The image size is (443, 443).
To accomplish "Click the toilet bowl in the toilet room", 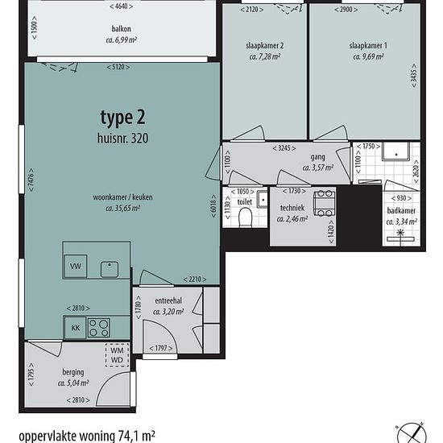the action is [x=245, y=217].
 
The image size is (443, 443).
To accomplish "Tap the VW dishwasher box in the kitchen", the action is [x=76, y=266].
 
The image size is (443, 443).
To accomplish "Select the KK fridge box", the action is [x=75, y=328].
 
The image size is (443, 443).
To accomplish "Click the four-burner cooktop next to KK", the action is [x=98, y=328].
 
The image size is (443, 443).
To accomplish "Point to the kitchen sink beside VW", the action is [x=110, y=270].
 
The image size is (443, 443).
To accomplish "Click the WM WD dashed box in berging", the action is [x=117, y=355].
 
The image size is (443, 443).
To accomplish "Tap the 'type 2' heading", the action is [x=122, y=118].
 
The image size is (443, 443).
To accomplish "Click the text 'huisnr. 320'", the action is [x=122, y=139].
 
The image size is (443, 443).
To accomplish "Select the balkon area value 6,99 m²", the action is [x=122, y=40].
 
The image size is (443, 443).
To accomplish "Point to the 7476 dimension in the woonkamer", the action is [x=31, y=180].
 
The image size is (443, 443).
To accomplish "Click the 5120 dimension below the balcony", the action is [x=118, y=67].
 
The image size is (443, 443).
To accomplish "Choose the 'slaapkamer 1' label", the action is [x=368, y=45].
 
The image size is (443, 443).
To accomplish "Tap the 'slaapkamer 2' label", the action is [x=265, y=45].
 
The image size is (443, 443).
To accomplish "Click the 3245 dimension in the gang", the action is [x=284, y=148].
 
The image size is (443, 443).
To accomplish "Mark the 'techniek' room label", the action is [x=292, y=208].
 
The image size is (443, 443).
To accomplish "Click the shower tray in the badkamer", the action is [x=395, y=151].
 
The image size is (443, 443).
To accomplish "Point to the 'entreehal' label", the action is [x=168, y=300].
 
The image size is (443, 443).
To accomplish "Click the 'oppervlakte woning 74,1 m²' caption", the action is [x=87, y=436].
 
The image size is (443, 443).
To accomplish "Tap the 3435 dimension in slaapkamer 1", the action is [x=414, y=75].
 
